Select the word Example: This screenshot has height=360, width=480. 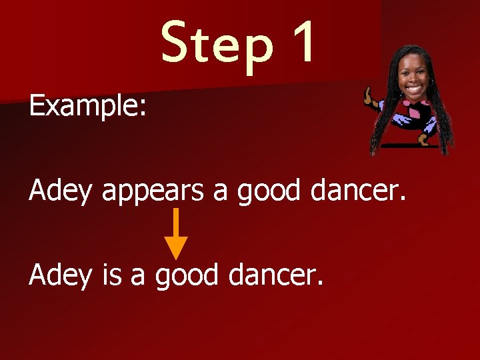[x=87, y=106]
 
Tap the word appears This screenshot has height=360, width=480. [x=153, y=192]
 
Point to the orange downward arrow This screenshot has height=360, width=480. [x=176, y=233]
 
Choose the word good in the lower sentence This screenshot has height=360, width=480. [x=187, y=275]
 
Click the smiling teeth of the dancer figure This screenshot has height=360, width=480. [x=413, y=88]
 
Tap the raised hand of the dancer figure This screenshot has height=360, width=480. [x=367, y=95]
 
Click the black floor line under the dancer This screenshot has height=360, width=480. [x=411, y=145]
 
